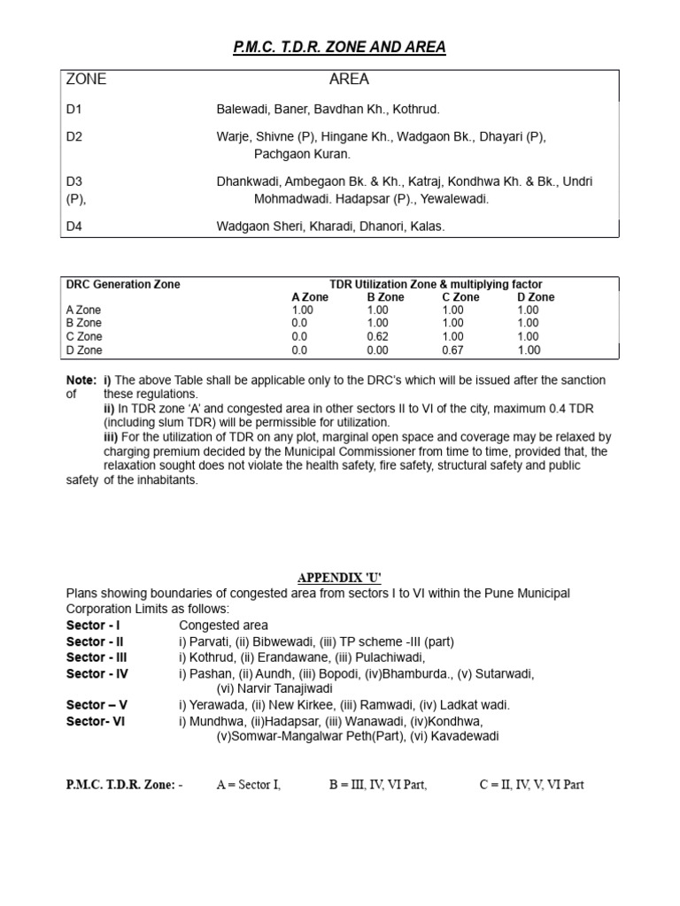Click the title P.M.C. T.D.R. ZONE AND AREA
pos(339,47)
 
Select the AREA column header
pos(349,80)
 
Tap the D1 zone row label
pos(74,110)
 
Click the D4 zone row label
pos(74,226)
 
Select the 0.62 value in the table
pos(378,337)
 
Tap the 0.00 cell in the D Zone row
pos(378,350)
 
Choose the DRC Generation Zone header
pos(123,285)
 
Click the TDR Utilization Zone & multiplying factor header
pos(436,285)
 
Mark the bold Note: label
pos(81,380)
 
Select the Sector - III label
pos(97,657)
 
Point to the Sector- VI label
pos(96,721)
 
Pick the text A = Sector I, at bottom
pos(249,785)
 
